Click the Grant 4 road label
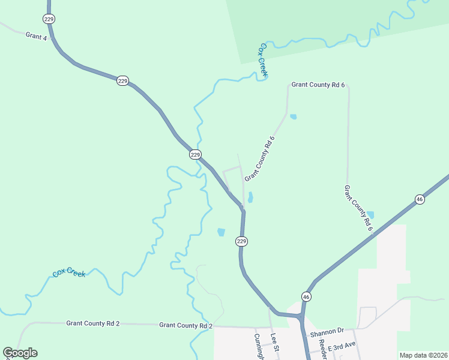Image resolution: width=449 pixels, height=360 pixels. pos(36,36)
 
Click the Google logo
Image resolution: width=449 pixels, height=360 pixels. pos(20,353)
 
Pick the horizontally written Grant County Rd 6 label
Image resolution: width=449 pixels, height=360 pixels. pos(318,85)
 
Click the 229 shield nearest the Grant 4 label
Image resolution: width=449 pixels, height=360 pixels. pos(49,19)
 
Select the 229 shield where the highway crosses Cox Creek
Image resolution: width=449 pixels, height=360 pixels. pos(195,155)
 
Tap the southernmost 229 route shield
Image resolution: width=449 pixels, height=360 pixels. pos(241,241)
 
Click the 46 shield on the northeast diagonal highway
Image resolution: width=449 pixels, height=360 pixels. pos(420,199)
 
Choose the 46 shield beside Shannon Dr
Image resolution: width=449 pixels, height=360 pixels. pos(306,297)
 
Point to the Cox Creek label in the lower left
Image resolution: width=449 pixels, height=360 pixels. pos(69,272)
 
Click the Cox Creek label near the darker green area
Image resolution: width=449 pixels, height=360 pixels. pos(263,60)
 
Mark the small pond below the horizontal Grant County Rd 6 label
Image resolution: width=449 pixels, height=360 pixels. pos(293,116)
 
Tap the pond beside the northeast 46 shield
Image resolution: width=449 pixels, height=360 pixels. pos(370,215)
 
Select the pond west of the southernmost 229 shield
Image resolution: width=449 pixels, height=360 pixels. pos(221,232)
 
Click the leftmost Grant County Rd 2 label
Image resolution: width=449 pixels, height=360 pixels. pos(93,323)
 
